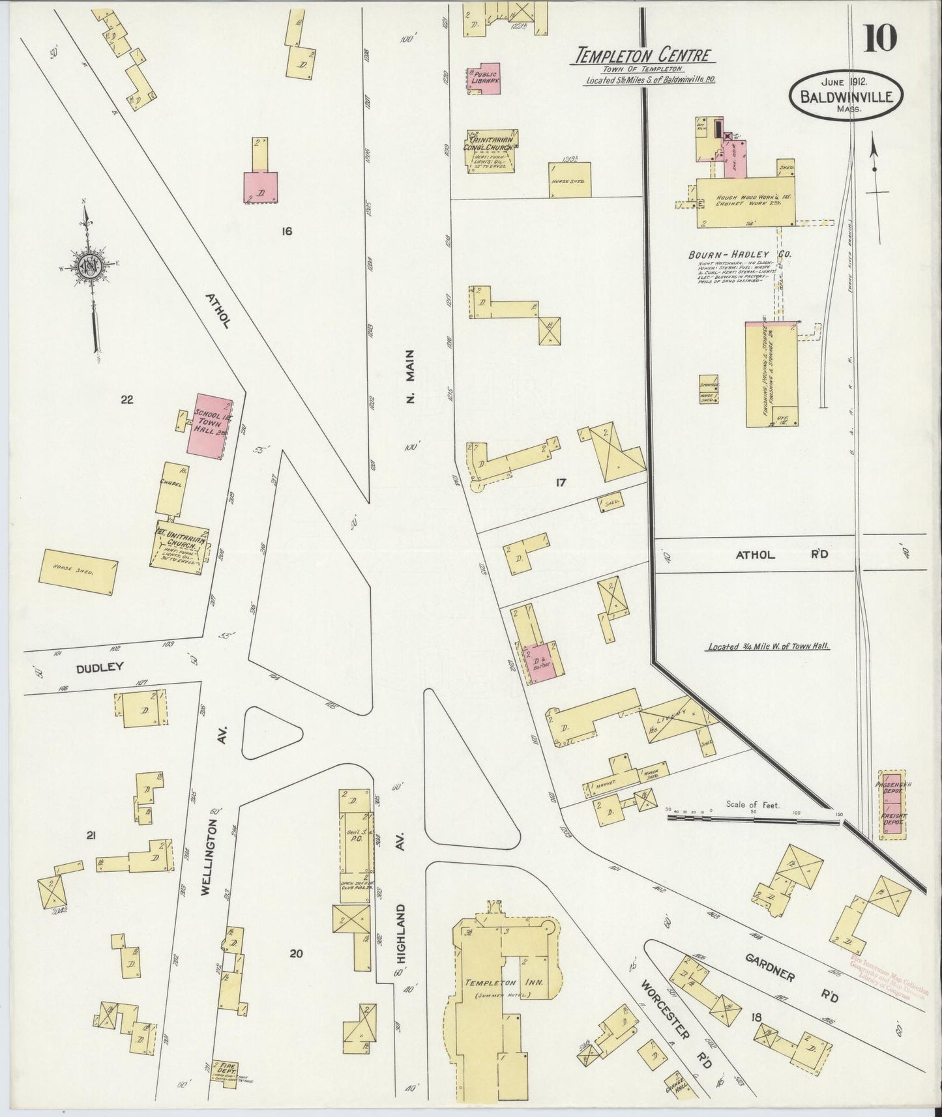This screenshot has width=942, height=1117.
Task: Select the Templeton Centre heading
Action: (642, 56)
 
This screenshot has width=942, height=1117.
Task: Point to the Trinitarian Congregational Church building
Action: (492, 151)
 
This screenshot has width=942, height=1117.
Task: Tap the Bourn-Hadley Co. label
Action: (739, 253)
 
